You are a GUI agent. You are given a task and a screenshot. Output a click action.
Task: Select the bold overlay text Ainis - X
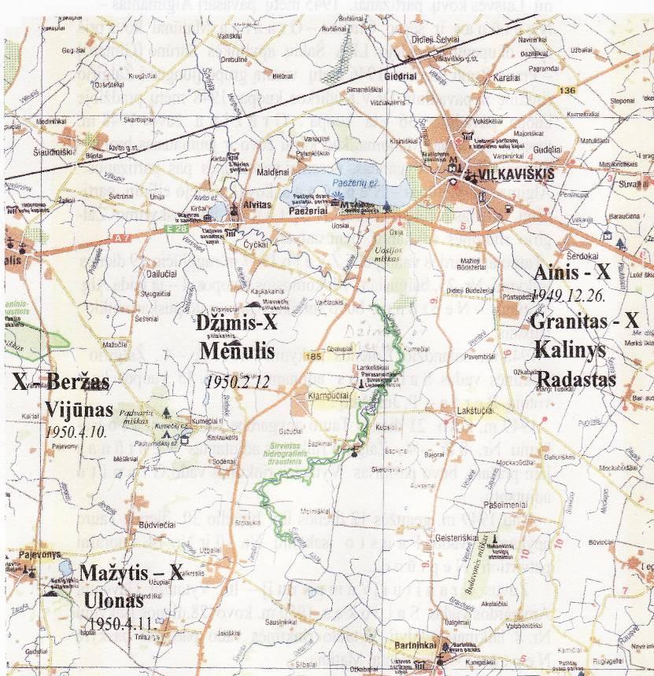pos(571,273)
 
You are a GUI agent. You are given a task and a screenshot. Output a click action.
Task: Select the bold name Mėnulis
pos(236,350)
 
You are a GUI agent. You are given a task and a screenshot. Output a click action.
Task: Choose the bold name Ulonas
pos(113,601)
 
